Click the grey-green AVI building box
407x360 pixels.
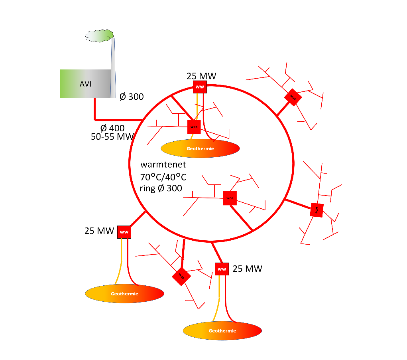point(85,84)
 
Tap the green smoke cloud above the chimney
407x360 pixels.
point(100,36)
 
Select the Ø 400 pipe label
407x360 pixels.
point(112,128)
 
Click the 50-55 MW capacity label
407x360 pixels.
point(112,136)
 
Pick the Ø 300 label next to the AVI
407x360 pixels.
point(132,96)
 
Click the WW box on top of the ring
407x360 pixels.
point(200,87)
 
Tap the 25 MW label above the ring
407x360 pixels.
point(201,76)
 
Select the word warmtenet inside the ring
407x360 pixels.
point(163,164)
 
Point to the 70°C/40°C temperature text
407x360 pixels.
point(163,177)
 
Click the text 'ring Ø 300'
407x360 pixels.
point(161,188)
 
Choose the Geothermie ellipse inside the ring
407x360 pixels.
point(200,148)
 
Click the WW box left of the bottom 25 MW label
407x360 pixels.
point(222,269)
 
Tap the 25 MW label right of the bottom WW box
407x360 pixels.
point(248,269)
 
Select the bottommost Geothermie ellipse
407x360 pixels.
point(222,331)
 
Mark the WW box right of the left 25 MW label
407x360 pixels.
point(124,232)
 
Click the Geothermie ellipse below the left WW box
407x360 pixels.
point(124,293)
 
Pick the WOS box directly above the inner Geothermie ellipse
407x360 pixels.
point(194,127)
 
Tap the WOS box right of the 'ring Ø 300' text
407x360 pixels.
point(230,198)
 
